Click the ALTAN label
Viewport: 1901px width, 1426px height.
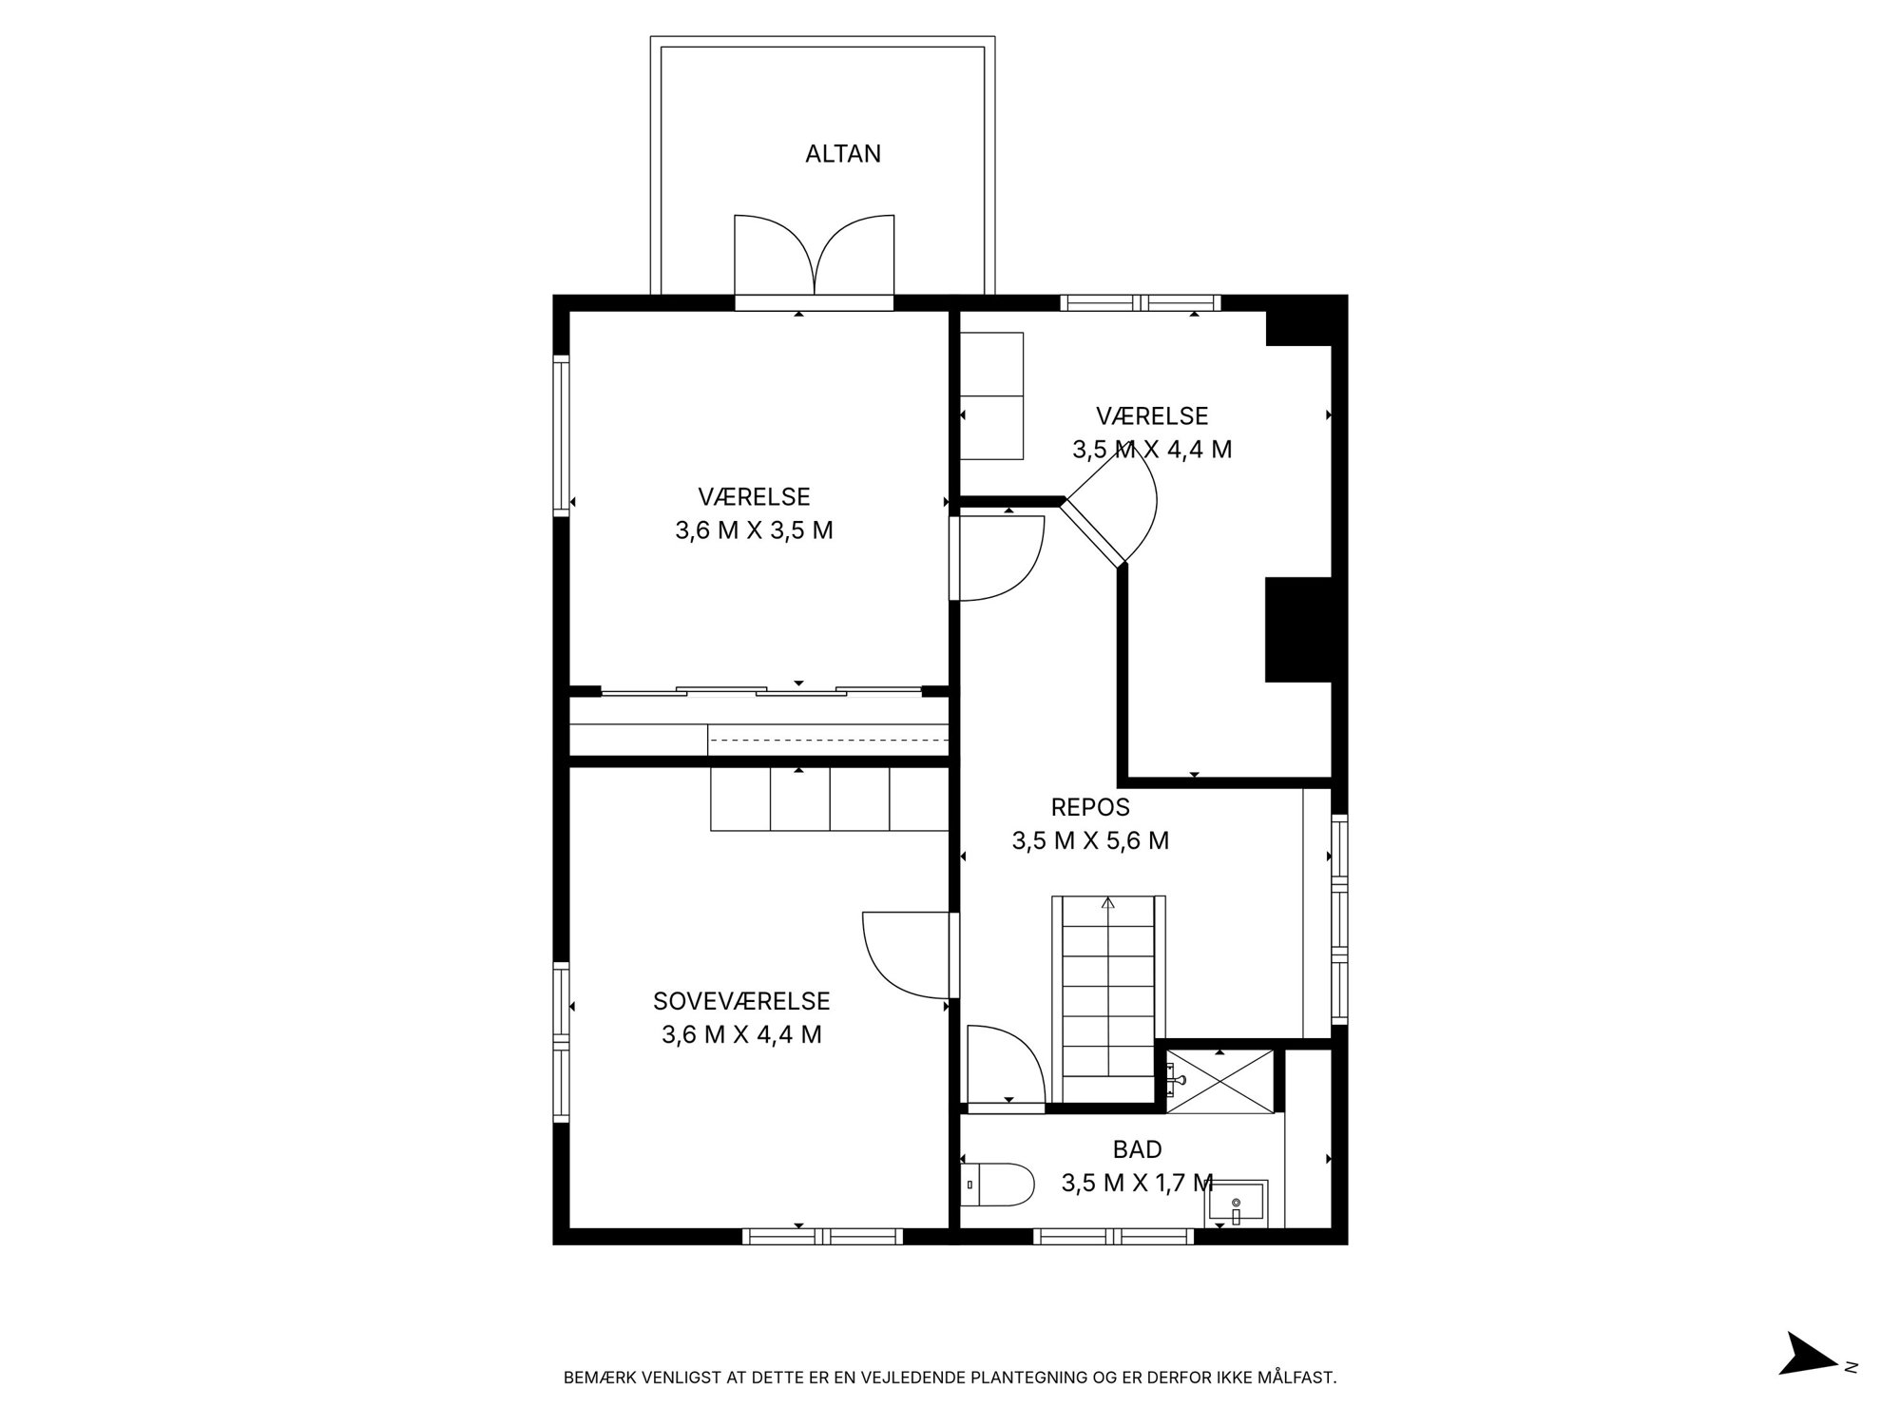843,154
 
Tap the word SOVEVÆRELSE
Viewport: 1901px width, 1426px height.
741,1001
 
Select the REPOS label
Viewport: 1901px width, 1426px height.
1090,807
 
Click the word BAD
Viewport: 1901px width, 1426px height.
1137,1149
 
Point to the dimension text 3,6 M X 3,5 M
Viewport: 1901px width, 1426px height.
754,530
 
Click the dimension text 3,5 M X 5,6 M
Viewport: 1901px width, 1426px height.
1090,840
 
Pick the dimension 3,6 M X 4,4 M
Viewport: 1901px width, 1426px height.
741,1034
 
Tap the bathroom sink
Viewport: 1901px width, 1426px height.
1236,1204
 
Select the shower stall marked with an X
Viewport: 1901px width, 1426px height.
1219,1080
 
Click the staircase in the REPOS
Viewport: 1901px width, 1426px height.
1108,998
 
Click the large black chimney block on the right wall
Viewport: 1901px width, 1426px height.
1296,629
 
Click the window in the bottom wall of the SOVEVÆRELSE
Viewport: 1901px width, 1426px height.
822,1237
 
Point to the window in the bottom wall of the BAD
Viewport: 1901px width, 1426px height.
1113,1237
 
